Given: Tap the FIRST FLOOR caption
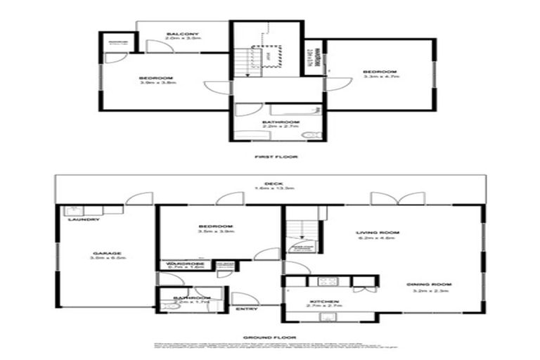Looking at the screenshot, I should pos(269,156).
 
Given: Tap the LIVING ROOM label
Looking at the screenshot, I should pos(377,232).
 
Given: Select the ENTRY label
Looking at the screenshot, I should pos(246,309).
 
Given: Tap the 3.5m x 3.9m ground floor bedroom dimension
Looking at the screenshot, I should pos(215,232).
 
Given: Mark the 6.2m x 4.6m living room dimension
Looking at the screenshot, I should pos(377,238).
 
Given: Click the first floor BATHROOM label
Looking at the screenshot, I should pos(276,122).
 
